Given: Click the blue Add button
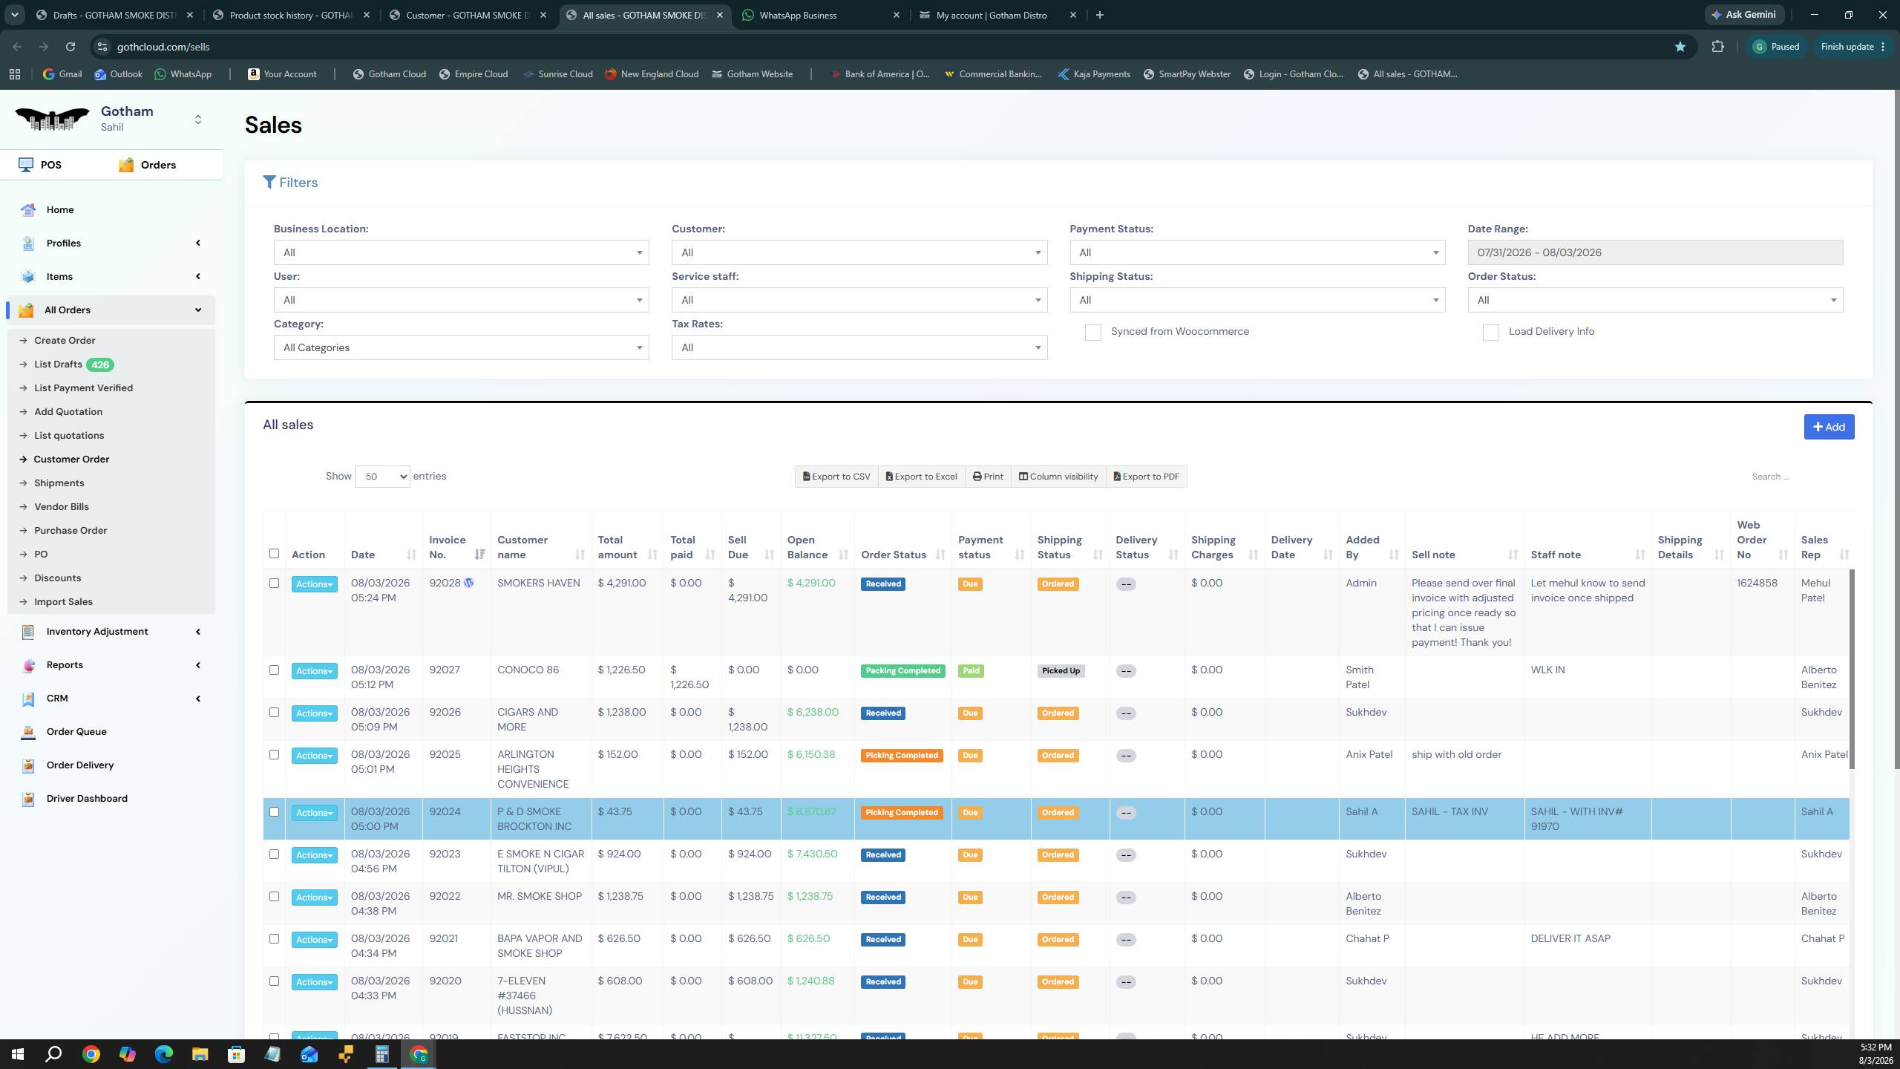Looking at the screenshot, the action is [x=1829, y=427].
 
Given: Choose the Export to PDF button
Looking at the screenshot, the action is [x=1146, y=477].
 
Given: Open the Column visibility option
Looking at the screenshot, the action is [x=1058, y=477].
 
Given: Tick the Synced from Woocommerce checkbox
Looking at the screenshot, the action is [x=1092, y=332].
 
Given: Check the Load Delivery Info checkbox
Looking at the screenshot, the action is [x=1490, y=332].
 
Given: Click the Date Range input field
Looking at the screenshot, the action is [x=1655, y=252].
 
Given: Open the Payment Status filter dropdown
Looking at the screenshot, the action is [x=1257, y=252].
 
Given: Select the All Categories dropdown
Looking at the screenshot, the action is [x=461, y=347].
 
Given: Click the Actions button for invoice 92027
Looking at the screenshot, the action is [x=314, y=671].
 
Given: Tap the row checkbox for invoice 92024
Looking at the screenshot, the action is [x=274, y=812].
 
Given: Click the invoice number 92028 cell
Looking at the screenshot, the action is [x=445, y=583].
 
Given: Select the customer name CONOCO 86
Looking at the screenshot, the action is [x=528, y=670].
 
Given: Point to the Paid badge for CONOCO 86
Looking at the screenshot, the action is [x=970, y=671].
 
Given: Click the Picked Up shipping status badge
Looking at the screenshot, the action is [x=1061, y=671].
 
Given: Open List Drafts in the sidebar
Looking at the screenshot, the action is [x=58, y=364].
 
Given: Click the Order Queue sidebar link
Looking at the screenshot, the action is [x=76, y=732].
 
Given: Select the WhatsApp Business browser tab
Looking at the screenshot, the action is [x=820, y=15].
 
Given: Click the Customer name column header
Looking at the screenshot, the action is [x=522, y=547].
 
